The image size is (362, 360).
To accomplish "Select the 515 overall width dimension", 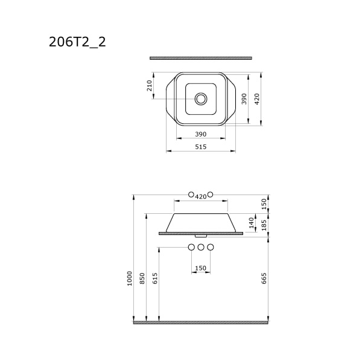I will click(201, 147).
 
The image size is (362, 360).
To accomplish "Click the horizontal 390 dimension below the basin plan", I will click(201, 134).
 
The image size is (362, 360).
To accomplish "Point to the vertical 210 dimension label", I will click(150, 86).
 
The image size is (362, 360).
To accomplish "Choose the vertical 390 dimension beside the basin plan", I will click(244, 99).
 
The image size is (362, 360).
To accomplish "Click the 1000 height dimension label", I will click(129, 278).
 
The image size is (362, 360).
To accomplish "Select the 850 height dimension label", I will click(142, 278).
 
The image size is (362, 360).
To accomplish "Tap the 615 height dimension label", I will click(155, 278).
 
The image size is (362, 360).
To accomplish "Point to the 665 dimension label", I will click(264, 278).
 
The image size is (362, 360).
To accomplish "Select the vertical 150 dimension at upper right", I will click(264, 204).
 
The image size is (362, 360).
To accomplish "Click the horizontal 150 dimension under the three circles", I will click(201, 268).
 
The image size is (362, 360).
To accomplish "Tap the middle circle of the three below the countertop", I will click(201, 247).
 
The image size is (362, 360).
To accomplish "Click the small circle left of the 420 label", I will click(191, 195).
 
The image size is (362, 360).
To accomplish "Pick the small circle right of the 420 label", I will click(211, 195).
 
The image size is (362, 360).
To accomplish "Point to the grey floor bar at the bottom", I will click(201, 323).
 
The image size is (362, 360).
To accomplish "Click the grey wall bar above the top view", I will click(201, 58).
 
